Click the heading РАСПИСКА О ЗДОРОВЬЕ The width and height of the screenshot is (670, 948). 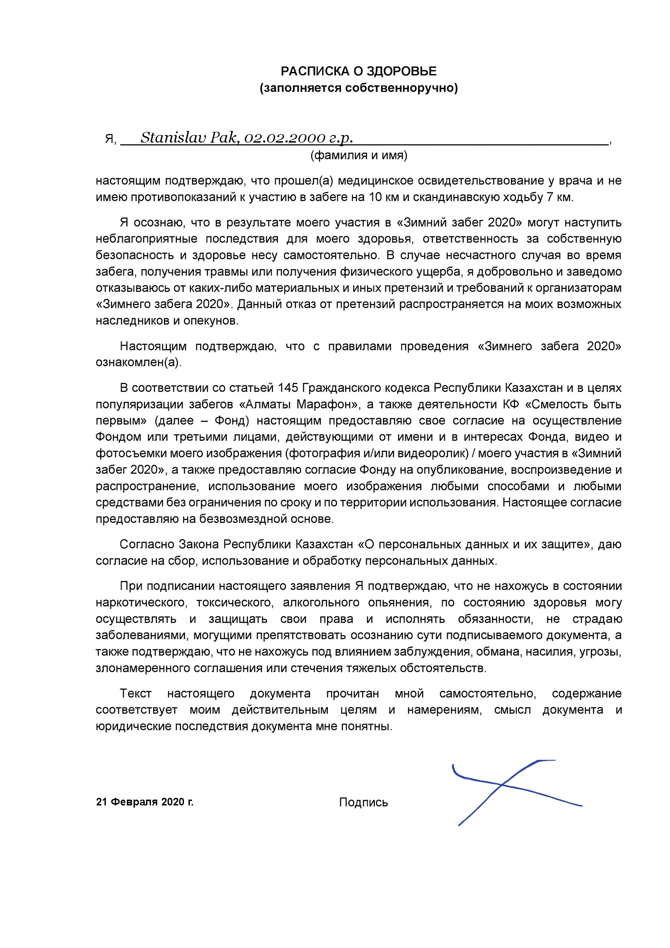point(358,72)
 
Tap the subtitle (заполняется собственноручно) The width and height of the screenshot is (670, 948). point(359,88)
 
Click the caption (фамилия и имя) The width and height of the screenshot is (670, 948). point(359,156)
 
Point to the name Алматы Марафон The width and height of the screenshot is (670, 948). point(300,404)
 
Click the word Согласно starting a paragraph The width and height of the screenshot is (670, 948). point(147,545)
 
